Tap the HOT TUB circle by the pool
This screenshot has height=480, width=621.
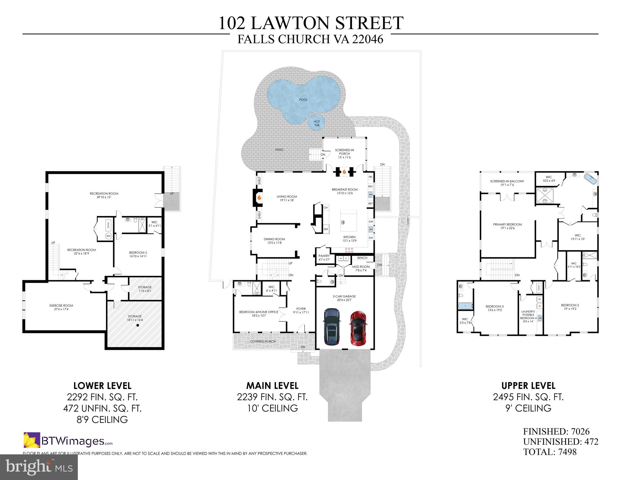pyautogui.click(x=317, y=123)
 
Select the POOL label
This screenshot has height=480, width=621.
pyautogui.click(x=303, y=100)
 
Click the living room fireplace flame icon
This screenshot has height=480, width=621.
pyautogui.click(x=259, y=197)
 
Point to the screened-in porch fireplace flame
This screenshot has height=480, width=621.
pyautogui.click(x=344, y=171)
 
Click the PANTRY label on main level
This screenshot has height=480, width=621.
pyautogui.click(x=324, y=256)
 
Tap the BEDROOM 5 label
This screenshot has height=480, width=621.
pyautogui.click(x=138, y=253)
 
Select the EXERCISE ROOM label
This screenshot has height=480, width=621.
pyautogui.click(x=61, y=306)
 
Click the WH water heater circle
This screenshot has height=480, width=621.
pyautogui.click(x=108, y=236)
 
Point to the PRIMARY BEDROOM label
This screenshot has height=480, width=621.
pyautogui.click(x=507, y=225)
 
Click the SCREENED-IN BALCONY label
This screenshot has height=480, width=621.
pyautogui.click(x=507, y=181)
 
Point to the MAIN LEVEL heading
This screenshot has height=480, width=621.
pyautogui.click(x=272, y=386)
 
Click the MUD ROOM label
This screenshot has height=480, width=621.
pyautogui.click(x=361, y=267)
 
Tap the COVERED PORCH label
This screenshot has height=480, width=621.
pyautogui.click(x=263, y=341)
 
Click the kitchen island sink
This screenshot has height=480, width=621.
pyautogui.click(x=343, y=223)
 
